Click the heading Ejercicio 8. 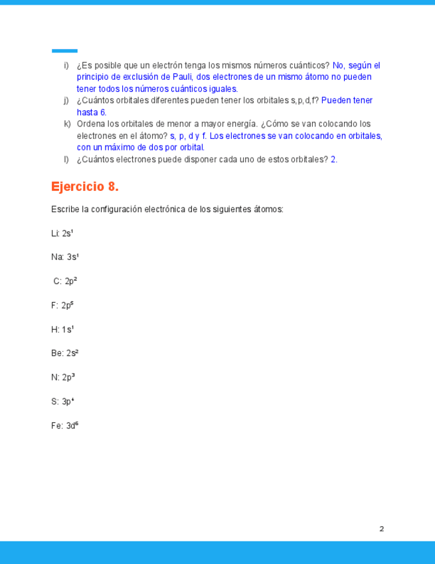84,186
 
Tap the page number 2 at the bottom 382,529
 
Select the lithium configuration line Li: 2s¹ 62,233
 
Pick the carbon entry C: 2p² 65,281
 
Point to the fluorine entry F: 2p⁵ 62,305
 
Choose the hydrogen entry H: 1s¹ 62,329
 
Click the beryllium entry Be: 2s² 65,353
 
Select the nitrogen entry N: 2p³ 63,377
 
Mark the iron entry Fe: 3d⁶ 65,426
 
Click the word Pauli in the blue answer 182,77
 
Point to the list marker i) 66,65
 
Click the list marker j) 66,100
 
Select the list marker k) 67,124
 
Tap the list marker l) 66,159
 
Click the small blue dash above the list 64,51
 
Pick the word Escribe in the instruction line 64,209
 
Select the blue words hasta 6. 92,112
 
